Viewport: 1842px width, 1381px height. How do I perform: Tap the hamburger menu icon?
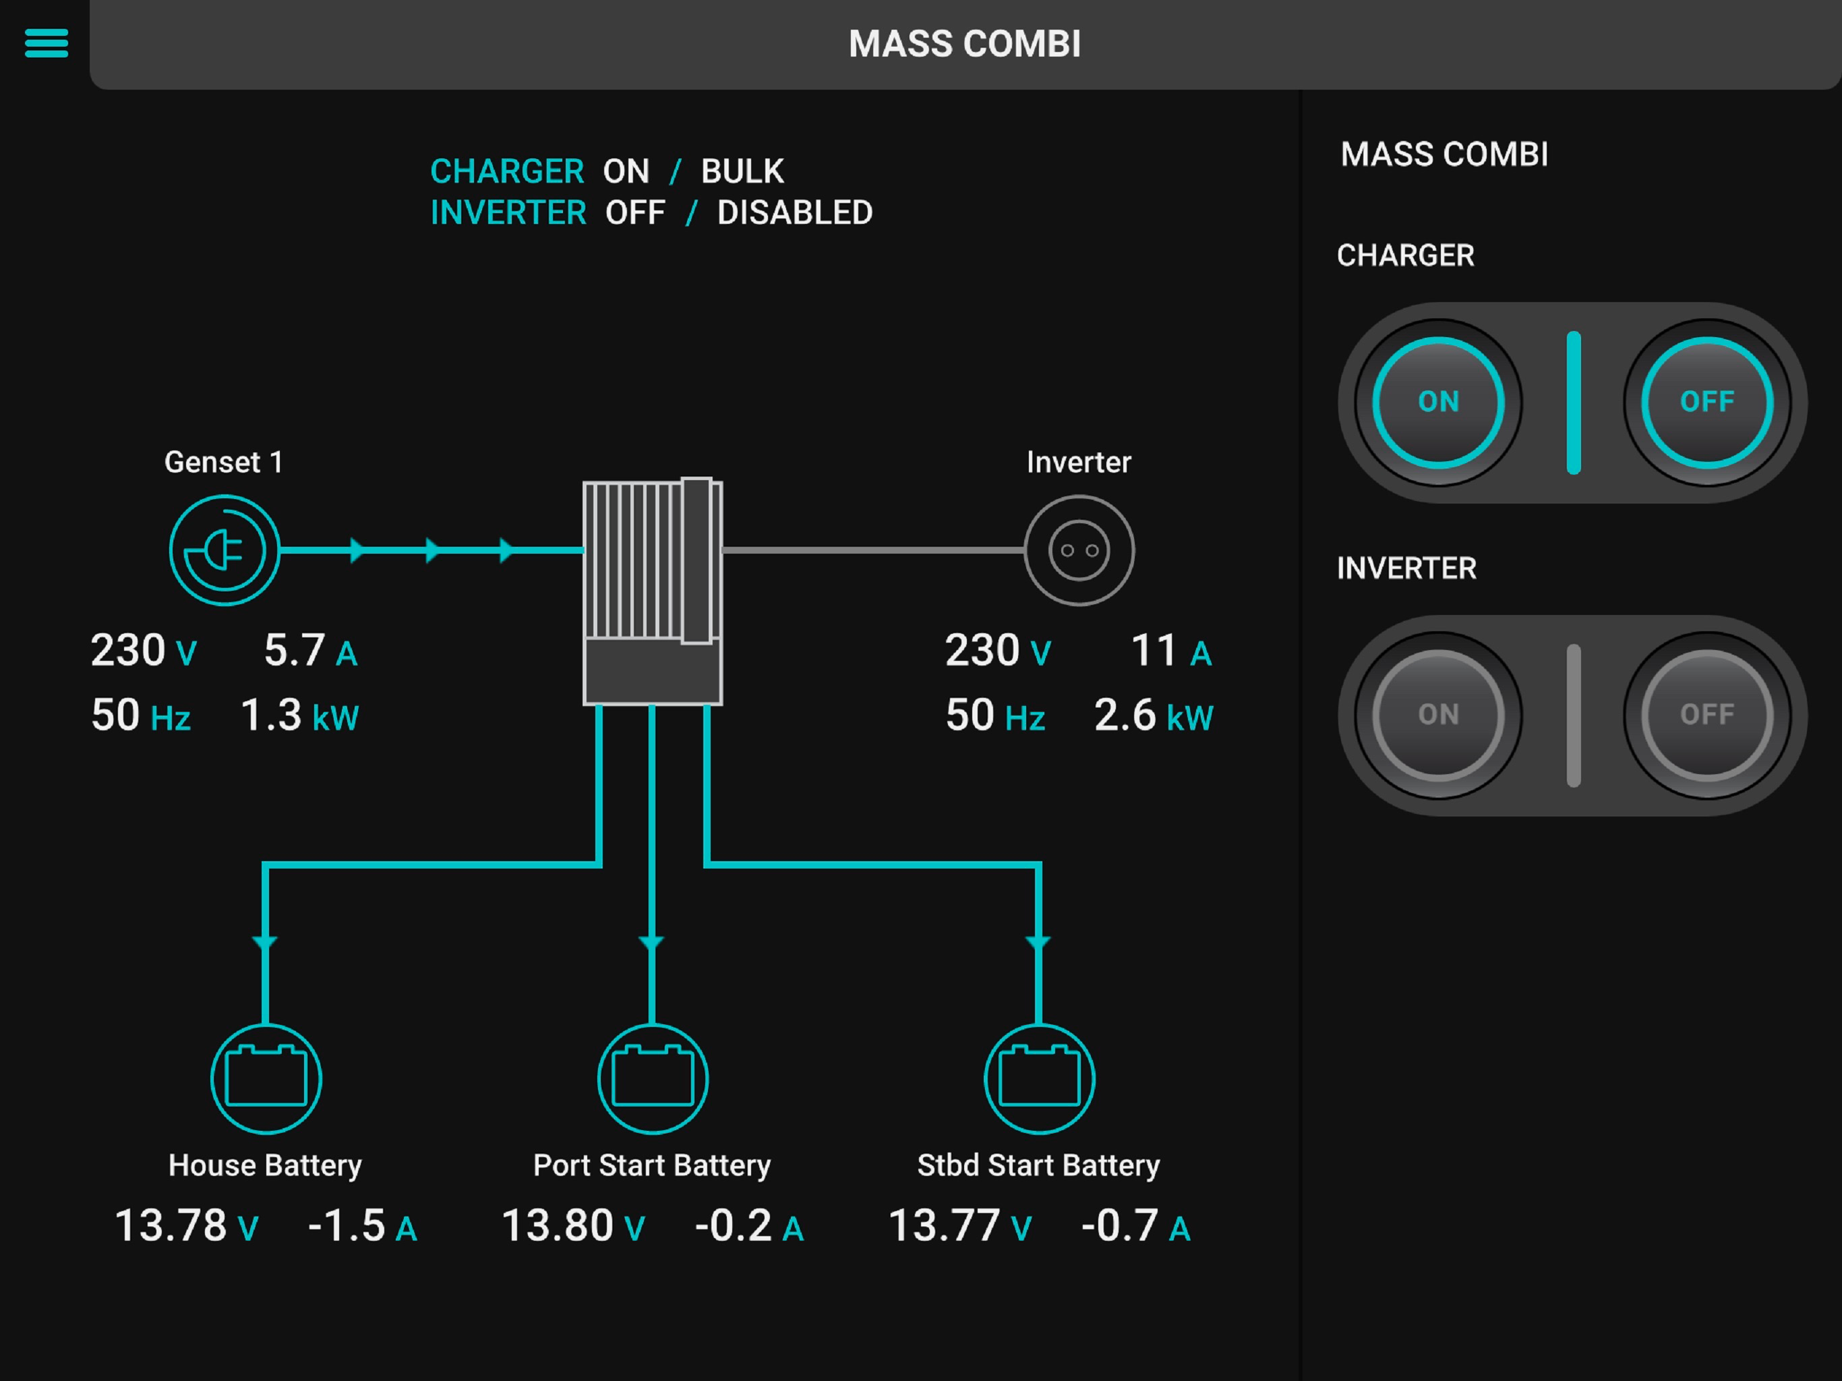click(47, 43)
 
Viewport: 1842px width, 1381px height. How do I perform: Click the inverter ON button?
click(1438, 715)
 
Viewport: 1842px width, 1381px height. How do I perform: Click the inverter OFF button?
click(1707, 715)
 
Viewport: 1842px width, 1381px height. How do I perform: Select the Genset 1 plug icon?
click(224, 550)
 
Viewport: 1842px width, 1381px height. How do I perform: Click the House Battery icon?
click(266, 1079)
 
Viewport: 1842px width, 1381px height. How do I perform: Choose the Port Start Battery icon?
click(653, 1079)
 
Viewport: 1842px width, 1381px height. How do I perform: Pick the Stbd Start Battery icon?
click(1039, 1079)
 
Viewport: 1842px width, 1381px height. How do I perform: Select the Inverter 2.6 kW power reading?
click(1154, 715)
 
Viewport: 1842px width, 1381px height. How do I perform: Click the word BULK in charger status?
click(742, 171)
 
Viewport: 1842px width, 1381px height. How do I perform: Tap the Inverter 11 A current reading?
click(1171, 651)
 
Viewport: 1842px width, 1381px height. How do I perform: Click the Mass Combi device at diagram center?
click(652, 591)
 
